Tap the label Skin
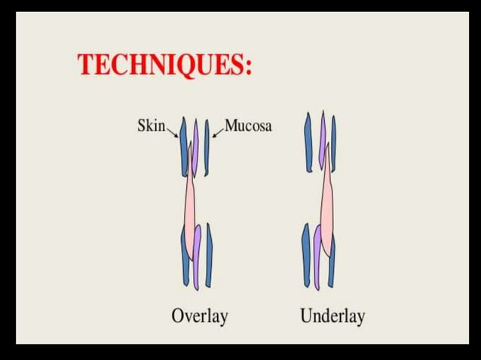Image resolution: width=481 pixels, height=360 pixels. [x=151, y=125]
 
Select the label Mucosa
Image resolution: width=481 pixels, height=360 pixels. [x=248, y=125]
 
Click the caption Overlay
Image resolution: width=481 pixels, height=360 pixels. [x=199, y=316]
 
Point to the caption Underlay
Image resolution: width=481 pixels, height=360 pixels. [x=332, y=316]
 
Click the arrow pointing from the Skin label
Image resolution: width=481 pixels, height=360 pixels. [x=173, y=133]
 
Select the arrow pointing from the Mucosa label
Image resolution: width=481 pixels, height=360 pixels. [x=218, y=132]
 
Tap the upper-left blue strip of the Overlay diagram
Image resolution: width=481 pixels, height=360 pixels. [x=183, y=147]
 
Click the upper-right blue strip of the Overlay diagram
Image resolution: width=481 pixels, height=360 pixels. [x=207, y=147]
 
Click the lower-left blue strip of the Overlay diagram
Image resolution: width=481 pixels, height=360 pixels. [x=185, y=256]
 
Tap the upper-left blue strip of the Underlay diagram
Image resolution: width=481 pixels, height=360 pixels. [x=308, y=143]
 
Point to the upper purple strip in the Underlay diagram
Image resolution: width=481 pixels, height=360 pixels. [x=323, y=139]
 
